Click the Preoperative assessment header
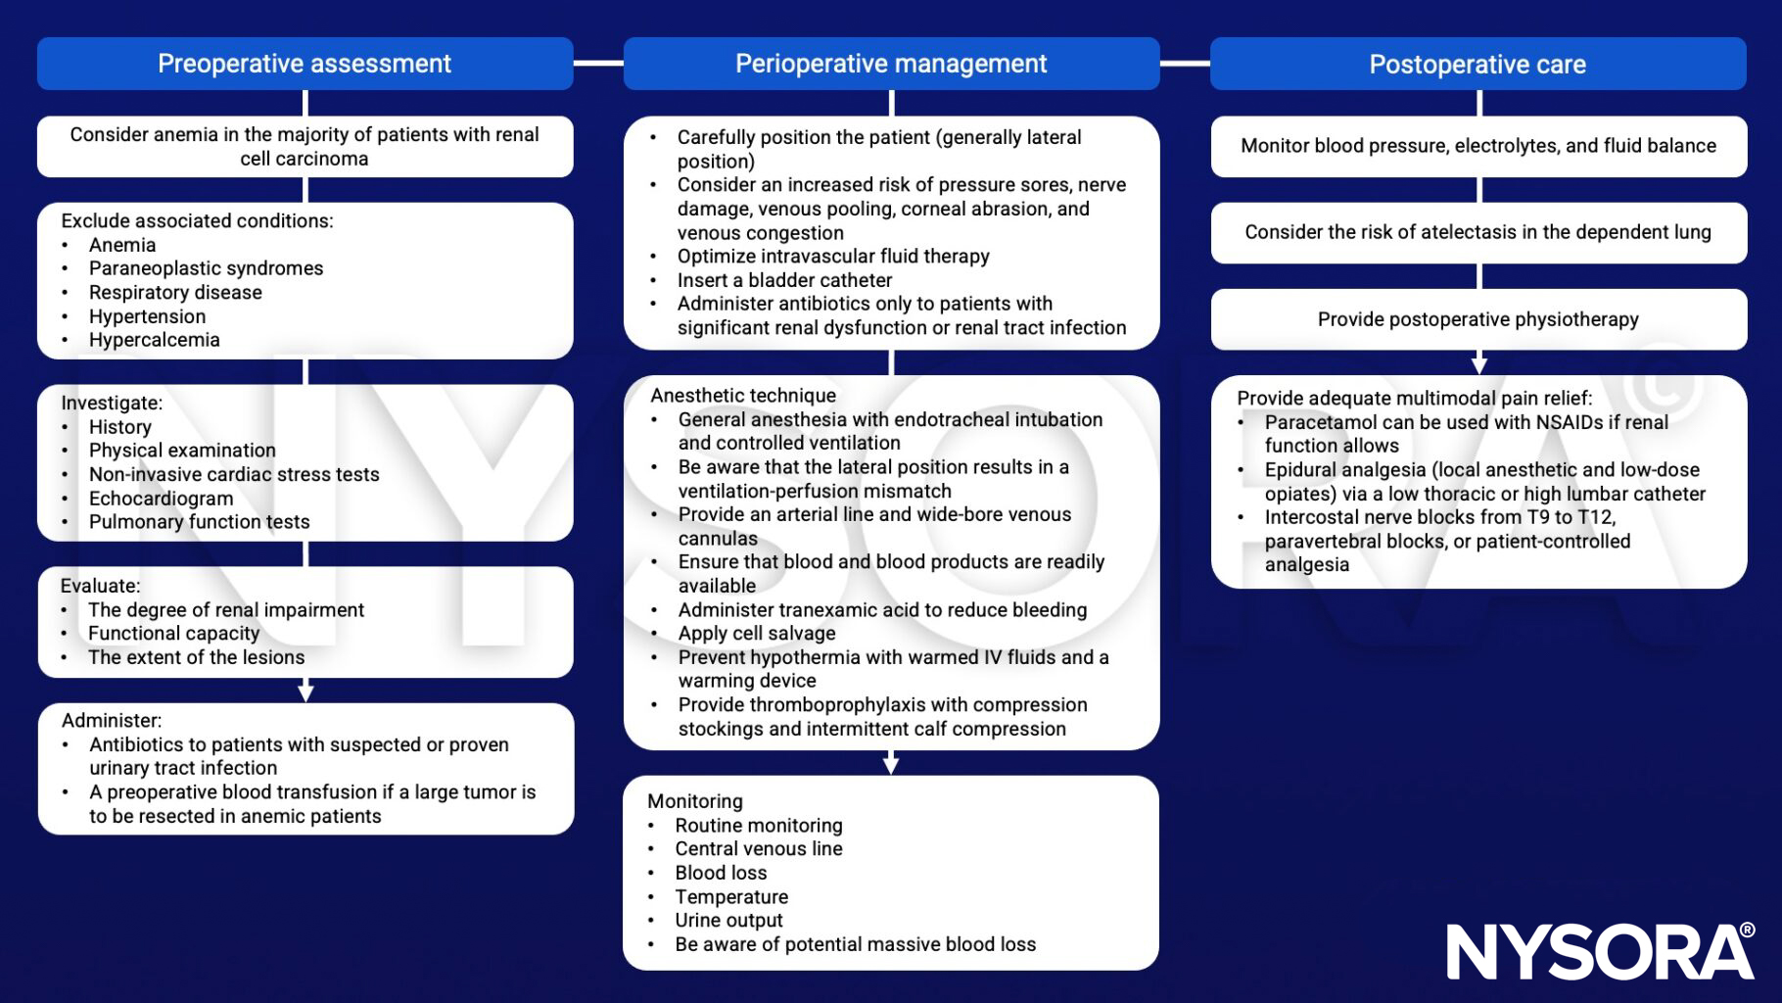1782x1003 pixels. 305,64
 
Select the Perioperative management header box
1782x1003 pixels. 891,64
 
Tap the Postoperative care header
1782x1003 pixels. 1477,65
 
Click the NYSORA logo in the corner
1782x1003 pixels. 1600,950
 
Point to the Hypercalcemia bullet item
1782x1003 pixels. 154,340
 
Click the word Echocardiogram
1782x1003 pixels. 161,498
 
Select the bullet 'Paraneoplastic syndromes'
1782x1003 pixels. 206,268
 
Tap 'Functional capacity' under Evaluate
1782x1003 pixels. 173,634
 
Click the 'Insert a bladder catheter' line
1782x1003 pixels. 784,280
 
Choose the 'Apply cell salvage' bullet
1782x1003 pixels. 757,634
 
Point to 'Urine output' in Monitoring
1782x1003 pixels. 728,921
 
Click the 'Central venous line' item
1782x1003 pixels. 758,849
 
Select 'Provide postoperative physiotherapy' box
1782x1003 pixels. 1477,319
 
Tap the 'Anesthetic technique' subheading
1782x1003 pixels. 743,396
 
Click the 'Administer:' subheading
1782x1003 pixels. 112,721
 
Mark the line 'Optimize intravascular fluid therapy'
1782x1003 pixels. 833,257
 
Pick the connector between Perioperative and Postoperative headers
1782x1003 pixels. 1185,64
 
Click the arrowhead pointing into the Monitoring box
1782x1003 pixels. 891,765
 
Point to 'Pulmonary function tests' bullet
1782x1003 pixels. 199,522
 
